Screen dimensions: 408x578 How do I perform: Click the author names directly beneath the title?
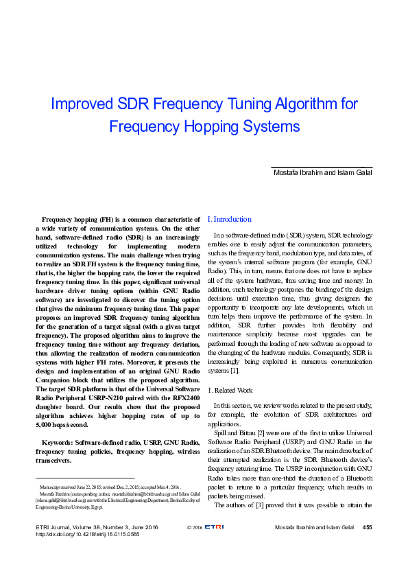click(x=322, y=172)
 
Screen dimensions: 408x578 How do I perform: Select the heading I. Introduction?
click(x=229, y=219)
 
